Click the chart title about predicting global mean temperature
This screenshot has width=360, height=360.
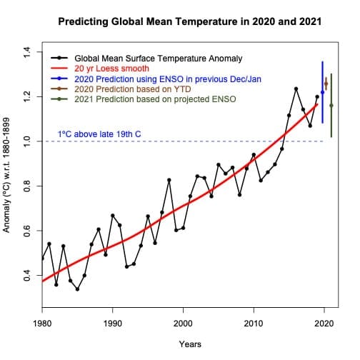pyautogui.click(x=189, y=22)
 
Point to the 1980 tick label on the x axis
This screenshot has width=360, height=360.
pyautogui.click(x=42, y=322)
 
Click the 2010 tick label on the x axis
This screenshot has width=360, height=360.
pyautogui.click(x=254, y=322)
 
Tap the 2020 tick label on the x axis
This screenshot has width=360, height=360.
pyautogui.click(x=324, y=322)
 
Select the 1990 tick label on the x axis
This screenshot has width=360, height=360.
pyautogui.click(x=113, y=322)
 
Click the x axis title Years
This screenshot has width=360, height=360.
pyautogui.click(x=189, y=344)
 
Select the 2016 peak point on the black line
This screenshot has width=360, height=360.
pyautogui.click(x=296, y=89)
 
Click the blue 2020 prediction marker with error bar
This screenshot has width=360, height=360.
pyautogui.click(x=323, y=92)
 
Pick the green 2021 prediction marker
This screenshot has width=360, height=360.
pyautogui.click(x=331, y=106)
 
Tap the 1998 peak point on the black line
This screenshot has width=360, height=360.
pyautogui.click(x=169, y=180)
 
